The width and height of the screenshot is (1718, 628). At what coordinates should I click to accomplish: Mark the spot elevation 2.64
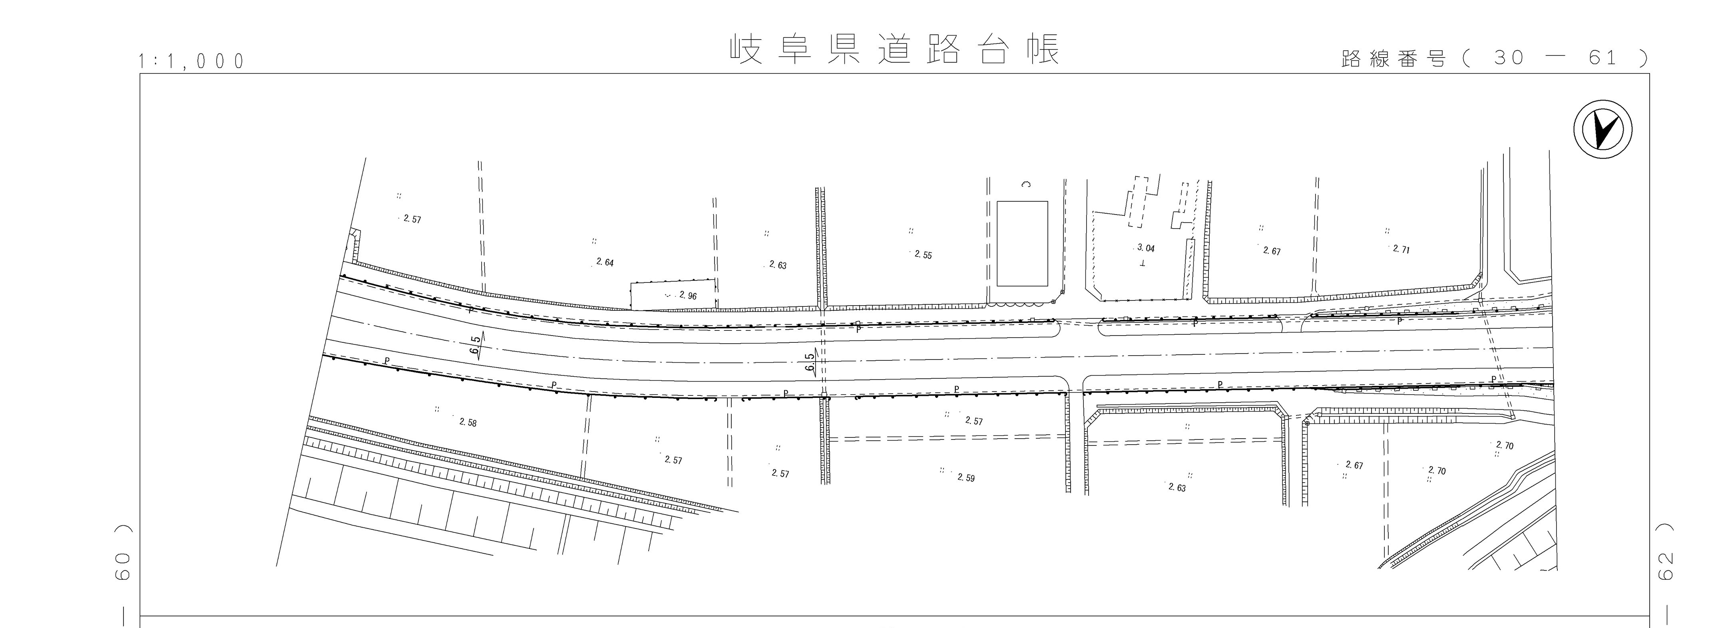[604, 263]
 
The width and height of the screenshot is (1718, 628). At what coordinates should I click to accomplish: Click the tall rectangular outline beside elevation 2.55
[1022, 243]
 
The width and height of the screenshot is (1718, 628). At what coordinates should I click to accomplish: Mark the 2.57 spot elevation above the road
[412, 219]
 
